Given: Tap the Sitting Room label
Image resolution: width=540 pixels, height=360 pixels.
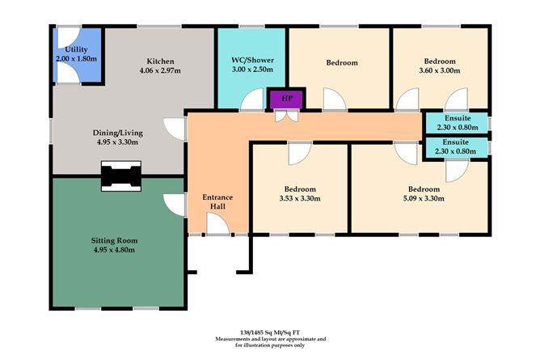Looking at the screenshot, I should (117, 239).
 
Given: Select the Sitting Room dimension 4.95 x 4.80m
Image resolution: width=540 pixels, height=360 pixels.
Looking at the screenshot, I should (117, 250).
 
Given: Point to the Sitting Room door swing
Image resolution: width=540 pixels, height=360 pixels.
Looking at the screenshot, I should (172, 204).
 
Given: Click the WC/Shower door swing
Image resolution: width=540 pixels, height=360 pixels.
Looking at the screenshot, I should (255, 101).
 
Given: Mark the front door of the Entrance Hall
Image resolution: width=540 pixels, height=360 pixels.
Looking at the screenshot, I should (216, 229).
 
